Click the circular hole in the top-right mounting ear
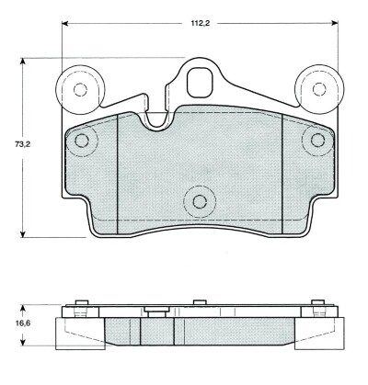318,89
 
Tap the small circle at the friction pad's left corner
81,141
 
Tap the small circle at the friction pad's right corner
318,140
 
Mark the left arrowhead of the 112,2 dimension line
65,25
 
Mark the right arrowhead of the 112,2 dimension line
332,25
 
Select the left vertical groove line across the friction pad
121,175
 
